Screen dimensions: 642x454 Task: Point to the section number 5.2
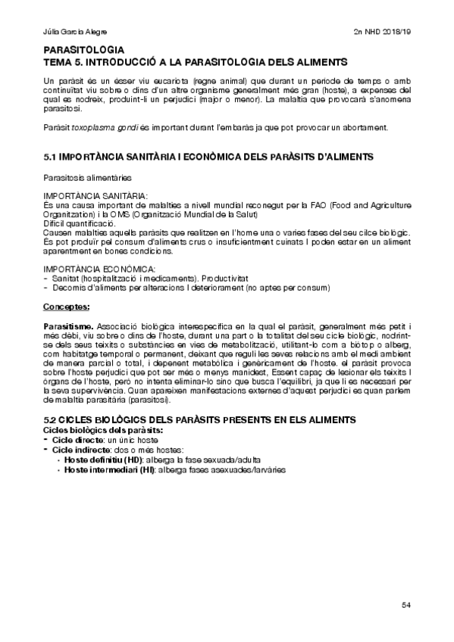point(51,419)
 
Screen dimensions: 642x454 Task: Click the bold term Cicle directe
point(77,440)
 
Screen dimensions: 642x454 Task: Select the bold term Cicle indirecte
point(81,450)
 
